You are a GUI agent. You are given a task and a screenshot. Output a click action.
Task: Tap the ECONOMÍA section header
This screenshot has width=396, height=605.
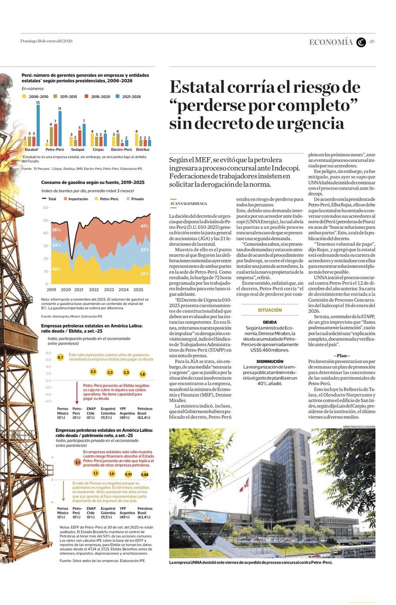(331, 42)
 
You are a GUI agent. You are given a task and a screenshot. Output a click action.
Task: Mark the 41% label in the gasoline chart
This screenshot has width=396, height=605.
(145, 226)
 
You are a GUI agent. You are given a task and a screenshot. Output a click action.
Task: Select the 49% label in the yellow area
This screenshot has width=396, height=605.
(56, 269)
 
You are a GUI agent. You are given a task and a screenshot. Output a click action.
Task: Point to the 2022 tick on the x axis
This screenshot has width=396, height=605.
(94, 290)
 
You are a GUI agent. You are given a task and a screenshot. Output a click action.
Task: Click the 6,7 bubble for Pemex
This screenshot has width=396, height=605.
(60, 357)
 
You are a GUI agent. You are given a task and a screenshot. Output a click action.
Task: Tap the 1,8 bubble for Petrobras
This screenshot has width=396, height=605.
(142, 374)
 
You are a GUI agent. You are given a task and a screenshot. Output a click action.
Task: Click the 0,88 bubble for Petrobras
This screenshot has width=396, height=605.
(145, 474)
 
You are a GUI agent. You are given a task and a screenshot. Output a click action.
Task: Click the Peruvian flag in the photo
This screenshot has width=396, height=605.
(245, 485)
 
